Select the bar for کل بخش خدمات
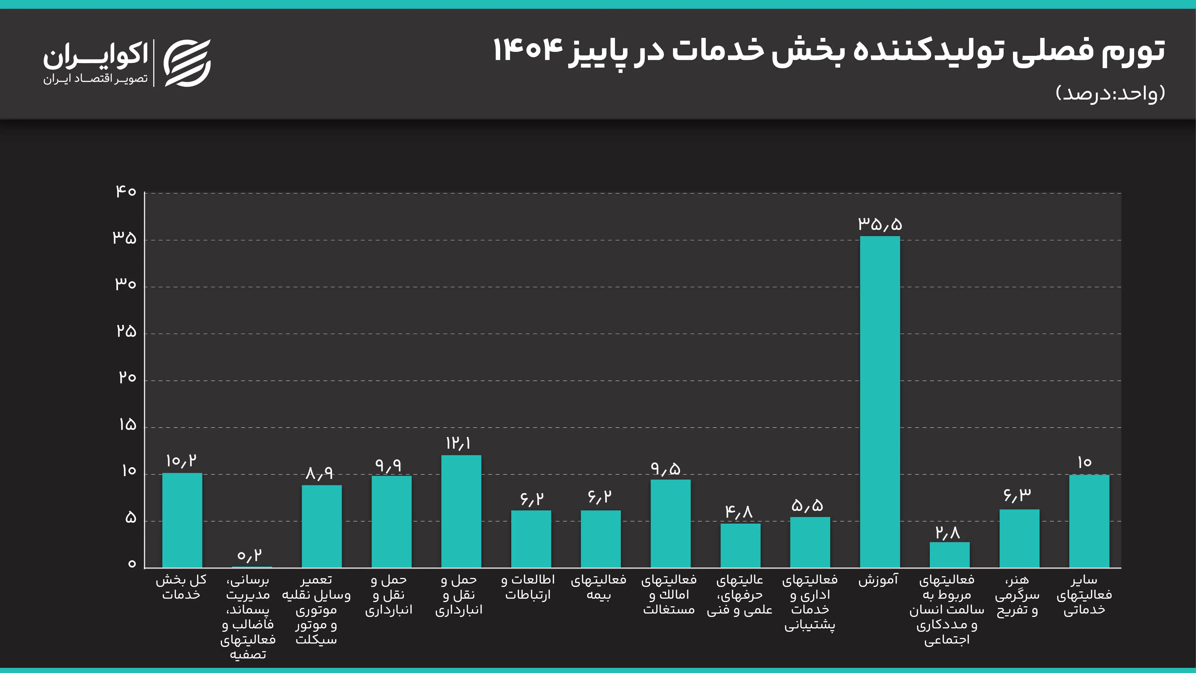(182, 520)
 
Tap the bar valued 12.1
(461, 511)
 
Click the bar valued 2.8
(949, 555)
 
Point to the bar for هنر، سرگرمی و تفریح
(1019, 538)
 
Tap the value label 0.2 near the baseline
(249, 555)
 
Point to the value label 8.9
(320, 473)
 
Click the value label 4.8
(738, 512)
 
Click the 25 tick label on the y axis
(126, 331)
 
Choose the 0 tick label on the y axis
(132, 564)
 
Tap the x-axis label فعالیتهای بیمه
(598, 587)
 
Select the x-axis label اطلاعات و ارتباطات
(528, 587)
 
